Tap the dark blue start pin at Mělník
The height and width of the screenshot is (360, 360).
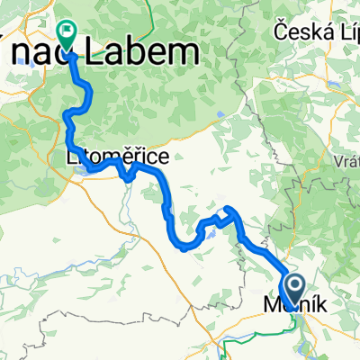pyautogui.click(x=293, y=290)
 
